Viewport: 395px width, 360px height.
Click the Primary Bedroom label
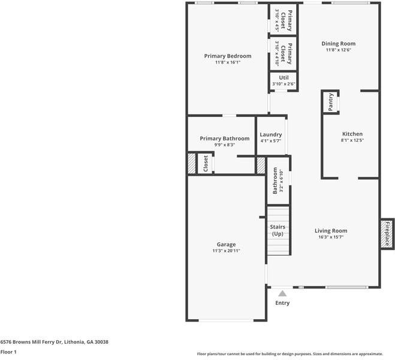pyautogui.click(x=227, y=56)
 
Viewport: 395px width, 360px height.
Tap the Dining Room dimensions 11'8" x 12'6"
pyautogui.click(x=338, y=50)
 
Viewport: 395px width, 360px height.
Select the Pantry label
pyautogui.click(x=331, y=102)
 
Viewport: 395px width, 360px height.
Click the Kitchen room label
pyautogui.click(x=352, y=134)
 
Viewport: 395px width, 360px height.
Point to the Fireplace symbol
pyautogui.click(x=387, y=233)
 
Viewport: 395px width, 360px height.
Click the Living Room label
pyautogui.click(x=331, y=230)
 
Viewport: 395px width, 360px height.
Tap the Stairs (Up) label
pyautogui.click(x=278, y=230)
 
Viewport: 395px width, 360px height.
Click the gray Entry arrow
pyautogui.click(x=282, y=293)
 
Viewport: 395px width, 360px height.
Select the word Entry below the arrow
pyautogui.click(x=282, y=303)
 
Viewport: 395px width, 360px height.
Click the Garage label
pyautogui.click(x=226, y=244)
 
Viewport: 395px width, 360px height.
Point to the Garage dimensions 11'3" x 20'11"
pyautogui.click(x=226, y=251)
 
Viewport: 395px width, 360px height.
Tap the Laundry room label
pyautogui.click(x=271, y=134)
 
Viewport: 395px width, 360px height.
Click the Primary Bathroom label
pyautogui.click(x=224, y=139)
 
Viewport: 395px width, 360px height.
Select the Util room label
pyautogui.click(x=284, y=77)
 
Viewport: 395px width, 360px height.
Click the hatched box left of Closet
pyautogui.click(x=192, y=164)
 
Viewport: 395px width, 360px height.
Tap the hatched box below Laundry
pyautogui.click(x=261, y=165)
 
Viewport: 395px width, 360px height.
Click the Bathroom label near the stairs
pyautogui.click(x=275, y=181)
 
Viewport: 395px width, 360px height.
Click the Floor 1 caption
pyautogui.click(x=8, y=352)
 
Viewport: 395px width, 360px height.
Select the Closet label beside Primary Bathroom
pyautogui.click(x=206, y=164)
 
